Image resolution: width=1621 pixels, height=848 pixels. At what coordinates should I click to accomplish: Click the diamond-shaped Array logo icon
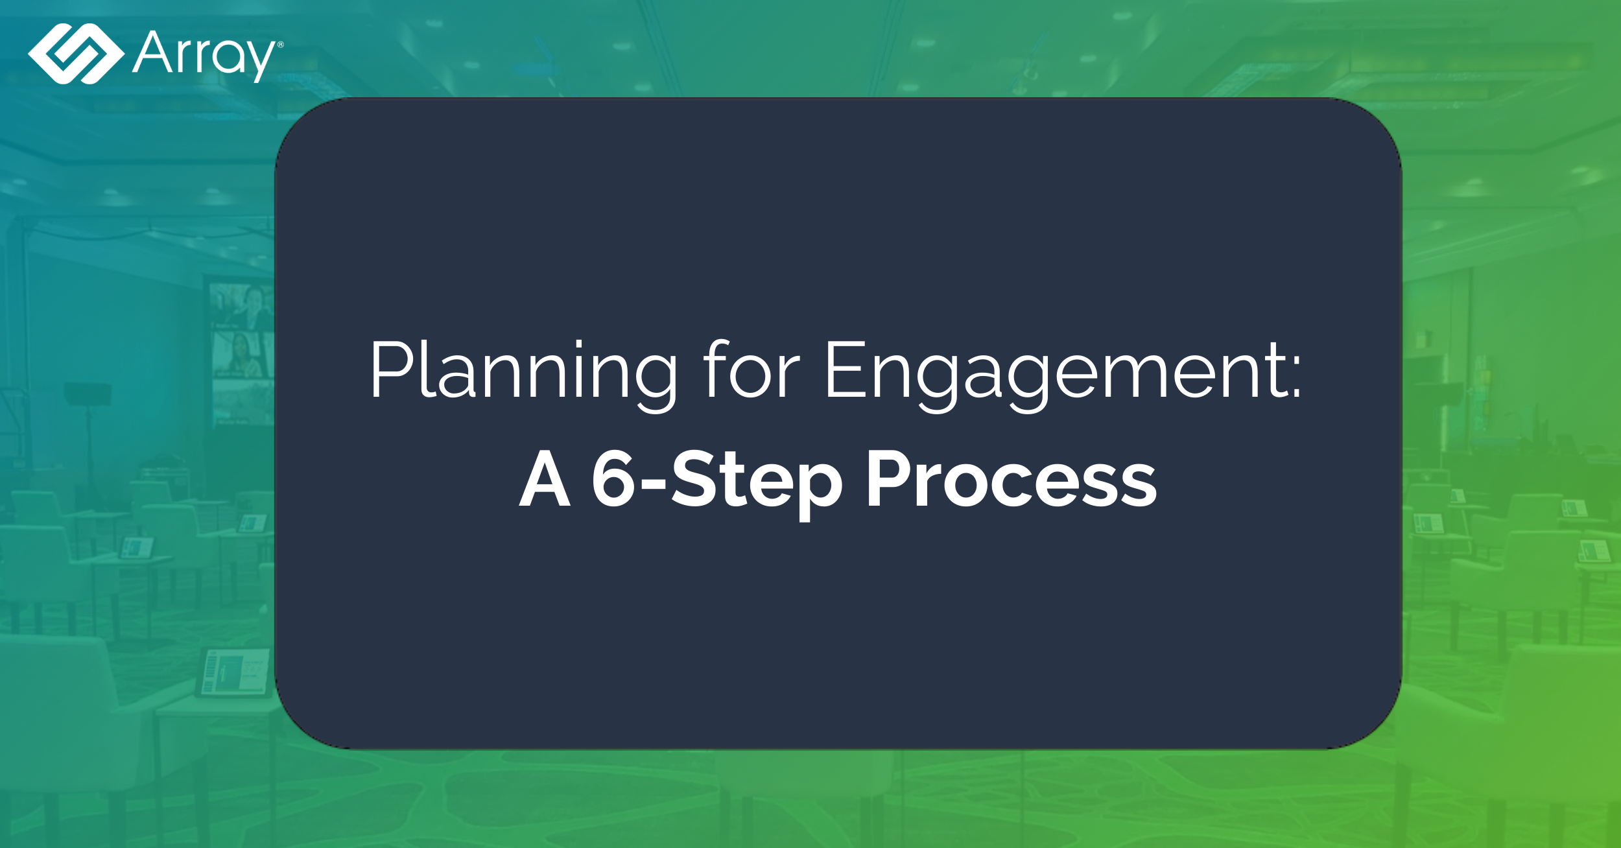pyautogui.click(x=76, y=54)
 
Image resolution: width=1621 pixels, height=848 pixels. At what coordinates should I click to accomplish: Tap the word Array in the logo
pyautogui.click(x=204, y=55)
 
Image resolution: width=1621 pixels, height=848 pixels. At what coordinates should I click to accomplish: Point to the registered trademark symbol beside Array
pyautogui.click(x=280, y=45)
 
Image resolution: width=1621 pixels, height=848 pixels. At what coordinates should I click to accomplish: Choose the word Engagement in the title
pyautogui.click(x=1054, y=373)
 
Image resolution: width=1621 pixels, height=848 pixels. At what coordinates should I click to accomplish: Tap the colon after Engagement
pyautogui.click(x=1296, y=380)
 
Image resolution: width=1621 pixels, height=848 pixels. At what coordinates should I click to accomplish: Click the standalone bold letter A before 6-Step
pyautogui.click(x=545, y=480)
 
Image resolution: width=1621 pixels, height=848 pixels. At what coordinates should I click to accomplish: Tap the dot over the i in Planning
pyautogui.click(x=578, y=342)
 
